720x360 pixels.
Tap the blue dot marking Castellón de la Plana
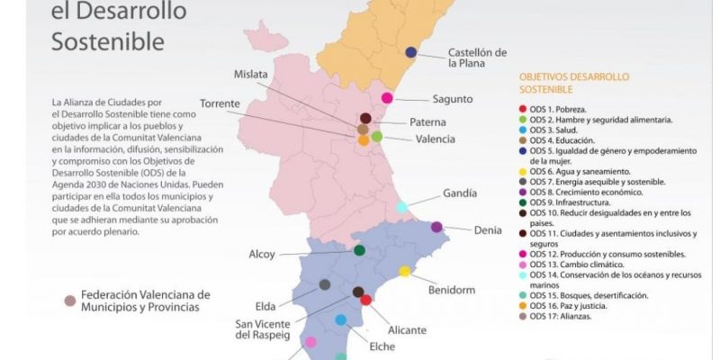(410, 52)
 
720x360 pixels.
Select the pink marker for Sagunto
(387, 98)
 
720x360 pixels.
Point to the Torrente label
(220, 103)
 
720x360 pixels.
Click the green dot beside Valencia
(377, 137)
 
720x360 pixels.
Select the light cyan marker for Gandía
(401, 207)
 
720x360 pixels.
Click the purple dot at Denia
(436, 227)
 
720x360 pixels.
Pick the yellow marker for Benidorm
(405, 271)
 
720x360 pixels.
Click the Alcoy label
(262, 254)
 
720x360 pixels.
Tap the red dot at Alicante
(366, 300)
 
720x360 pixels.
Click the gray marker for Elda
(325, 284)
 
